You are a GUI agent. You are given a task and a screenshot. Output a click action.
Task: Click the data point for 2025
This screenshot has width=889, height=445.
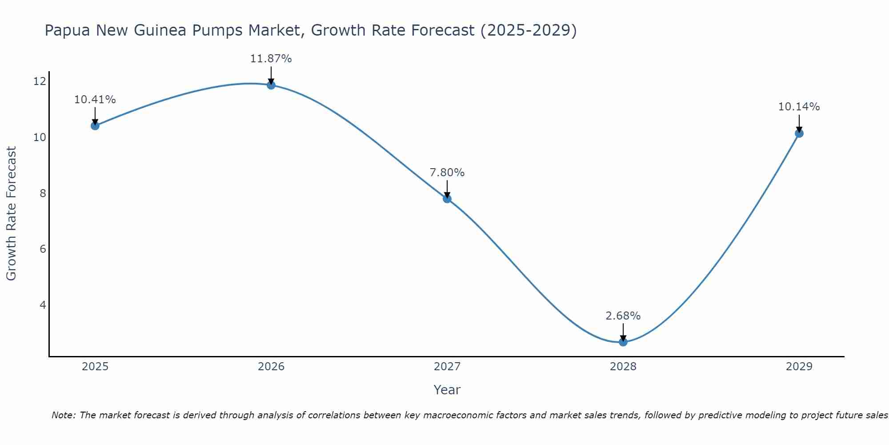click(x=95, y=125)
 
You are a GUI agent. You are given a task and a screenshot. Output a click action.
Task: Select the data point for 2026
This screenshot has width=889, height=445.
click(x=271, y=85)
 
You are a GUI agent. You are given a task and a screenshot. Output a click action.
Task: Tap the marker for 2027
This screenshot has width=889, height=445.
click(x=447, y=198)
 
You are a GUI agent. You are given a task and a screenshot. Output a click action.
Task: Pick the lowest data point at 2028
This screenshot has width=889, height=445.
click(x=623, y=342)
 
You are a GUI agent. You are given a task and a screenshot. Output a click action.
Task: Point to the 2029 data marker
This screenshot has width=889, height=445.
click(x=799, y=133)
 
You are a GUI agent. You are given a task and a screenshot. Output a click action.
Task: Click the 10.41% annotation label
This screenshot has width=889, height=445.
click(x=95, y=100)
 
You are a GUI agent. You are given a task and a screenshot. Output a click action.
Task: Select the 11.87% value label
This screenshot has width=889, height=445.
click(x=271, y=59)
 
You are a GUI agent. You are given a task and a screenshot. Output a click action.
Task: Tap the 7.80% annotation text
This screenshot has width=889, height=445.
click(x=447, y=173)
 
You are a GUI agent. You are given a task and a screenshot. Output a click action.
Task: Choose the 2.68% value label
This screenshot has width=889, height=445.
click(x=623, y=316)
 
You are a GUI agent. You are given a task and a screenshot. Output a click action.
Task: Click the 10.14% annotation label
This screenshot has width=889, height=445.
click(x=799, y=107)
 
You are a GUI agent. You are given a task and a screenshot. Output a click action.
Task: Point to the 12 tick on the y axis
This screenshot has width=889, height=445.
click(x=40, y=81)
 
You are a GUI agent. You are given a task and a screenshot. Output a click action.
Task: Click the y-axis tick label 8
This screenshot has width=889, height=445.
click(x=43, y=193)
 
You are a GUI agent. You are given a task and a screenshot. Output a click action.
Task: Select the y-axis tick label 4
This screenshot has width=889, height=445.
click(x=43, y=305)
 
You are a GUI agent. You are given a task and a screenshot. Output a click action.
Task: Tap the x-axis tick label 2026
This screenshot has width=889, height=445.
click(x=271, y=367)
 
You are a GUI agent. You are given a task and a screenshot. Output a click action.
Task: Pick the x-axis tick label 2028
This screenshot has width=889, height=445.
click(x=623, y=367)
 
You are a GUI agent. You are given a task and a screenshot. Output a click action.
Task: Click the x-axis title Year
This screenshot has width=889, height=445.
click(x=447, y=390)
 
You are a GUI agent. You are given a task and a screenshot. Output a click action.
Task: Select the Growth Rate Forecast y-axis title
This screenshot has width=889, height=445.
click(x=11, y=214)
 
